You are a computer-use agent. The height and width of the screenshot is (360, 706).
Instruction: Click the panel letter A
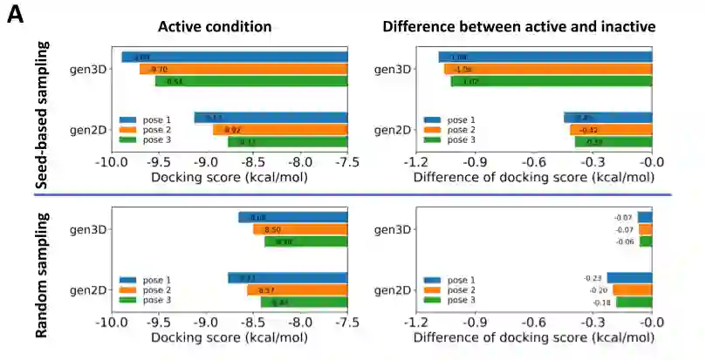point(15,15)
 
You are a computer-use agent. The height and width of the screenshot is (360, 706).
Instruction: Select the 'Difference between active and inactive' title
point(518,26)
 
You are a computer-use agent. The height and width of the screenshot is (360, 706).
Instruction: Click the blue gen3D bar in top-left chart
point(234,57)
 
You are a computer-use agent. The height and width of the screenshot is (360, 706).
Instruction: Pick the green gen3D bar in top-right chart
point(551,81)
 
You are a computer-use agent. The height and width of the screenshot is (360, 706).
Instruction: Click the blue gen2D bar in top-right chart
point(607,118)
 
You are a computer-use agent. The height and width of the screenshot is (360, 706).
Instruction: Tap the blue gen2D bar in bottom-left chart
point(287,278)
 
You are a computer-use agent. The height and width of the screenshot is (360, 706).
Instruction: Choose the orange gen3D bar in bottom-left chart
point(299,229)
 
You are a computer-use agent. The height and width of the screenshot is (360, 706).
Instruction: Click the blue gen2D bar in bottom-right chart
point(629,278)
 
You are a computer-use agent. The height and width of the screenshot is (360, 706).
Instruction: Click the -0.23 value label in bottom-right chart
point(595,278)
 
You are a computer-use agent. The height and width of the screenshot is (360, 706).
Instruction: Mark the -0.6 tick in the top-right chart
point(531,161)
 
